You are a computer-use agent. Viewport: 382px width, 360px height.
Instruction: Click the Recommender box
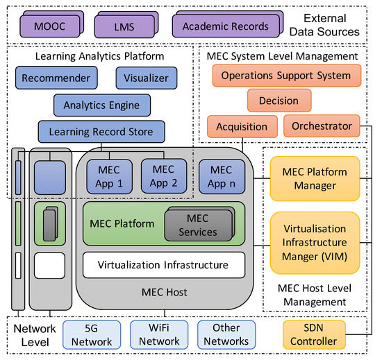[56, 78]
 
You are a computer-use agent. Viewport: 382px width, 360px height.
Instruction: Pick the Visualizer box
[142, 78]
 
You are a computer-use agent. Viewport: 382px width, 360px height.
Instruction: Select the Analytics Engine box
[101, 105]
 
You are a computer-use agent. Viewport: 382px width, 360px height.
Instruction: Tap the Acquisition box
[242, 126]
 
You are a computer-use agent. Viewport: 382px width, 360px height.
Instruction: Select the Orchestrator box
[322, 126]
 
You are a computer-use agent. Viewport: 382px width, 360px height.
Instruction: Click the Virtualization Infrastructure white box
[163, 264]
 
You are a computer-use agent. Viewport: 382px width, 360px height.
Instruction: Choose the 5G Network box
[88, 334]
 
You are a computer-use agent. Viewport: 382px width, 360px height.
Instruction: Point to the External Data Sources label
[331, 24]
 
